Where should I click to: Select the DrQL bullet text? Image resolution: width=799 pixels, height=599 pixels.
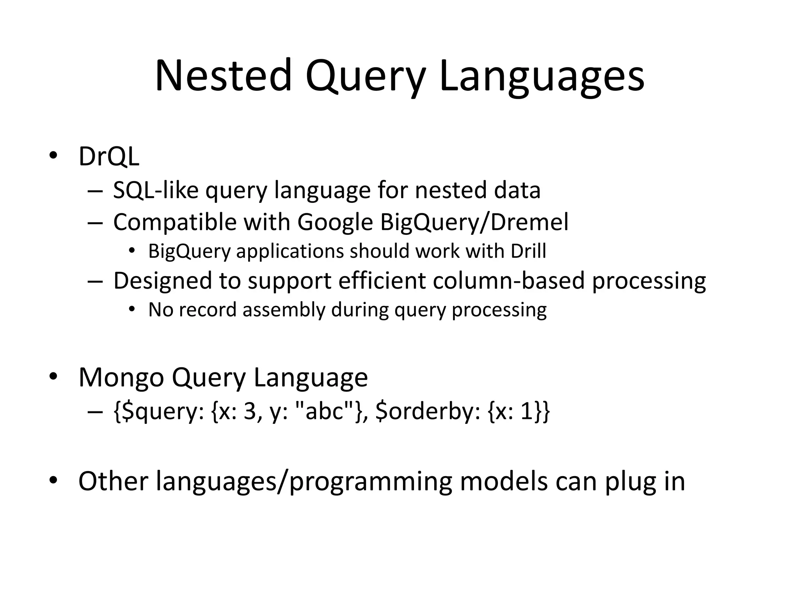[x=109, y=156]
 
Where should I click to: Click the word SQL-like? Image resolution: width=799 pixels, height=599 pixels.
[x=156, y=190]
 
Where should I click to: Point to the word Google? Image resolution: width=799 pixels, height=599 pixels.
[x=335, y=222]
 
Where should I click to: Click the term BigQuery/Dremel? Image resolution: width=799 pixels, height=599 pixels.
[x=474, y=222]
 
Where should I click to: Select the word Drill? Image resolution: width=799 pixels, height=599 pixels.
[x=528, y=251]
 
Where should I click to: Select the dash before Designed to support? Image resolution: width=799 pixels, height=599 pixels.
[x=95, y=281]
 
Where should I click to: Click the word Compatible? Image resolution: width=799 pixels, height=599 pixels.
[x=175, y=222]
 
